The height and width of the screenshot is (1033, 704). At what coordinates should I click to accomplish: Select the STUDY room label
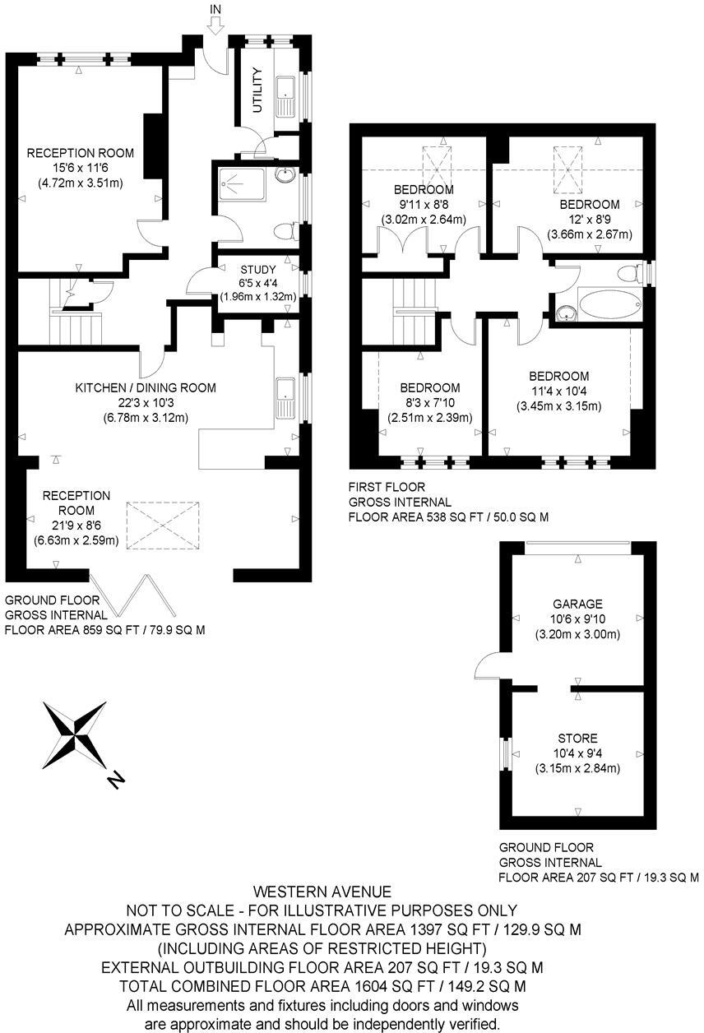[x=258, y=269]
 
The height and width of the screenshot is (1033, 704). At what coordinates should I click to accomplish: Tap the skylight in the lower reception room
[x=164, y=525]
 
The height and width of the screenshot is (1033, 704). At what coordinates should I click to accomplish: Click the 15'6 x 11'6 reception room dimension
[x=80, y=168]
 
